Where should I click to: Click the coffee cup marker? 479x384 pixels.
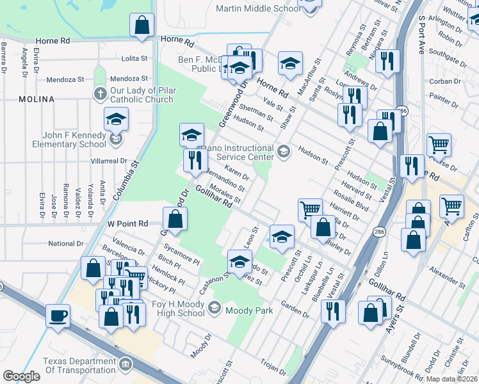tap(58, 315)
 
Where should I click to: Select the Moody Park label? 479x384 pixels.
tap(252, 310)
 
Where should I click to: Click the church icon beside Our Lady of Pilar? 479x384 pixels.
tap(100, 94)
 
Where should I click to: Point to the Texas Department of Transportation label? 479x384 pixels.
tap(79, 365)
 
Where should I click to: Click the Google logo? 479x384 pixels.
tap(21, 376)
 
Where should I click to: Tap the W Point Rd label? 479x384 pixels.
tap(127, 223)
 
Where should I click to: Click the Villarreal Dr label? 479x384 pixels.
tap(110, 162)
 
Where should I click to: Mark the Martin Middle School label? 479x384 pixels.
tap(258, 8)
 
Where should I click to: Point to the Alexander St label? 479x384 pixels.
tap(448, 276)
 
